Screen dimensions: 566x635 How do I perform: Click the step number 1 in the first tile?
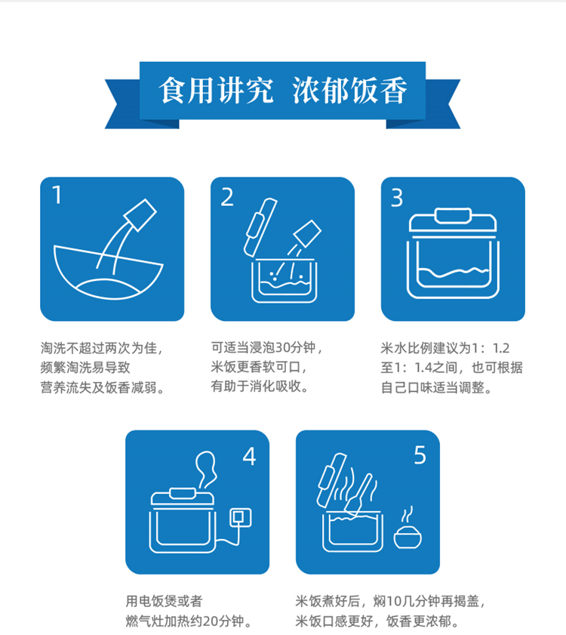pyautogui.click(x=57, y=195)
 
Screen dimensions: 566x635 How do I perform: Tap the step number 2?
pyautogui.click(x=227, y=197)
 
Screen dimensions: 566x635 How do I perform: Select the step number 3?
pyautogui.click(x=397, y=198)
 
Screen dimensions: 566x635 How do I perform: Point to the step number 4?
pyautogui.click(x=249, y=456)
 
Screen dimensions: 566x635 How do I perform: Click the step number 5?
pyautogui.click(x=420, y=455)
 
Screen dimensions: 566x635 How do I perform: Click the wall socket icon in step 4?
pyautogui.click(x=241, y=517)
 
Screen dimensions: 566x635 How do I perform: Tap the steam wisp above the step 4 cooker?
pyautogui.click(x=206, y=470)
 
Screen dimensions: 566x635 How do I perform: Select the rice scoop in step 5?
pyautogui.click(x=359, y=494)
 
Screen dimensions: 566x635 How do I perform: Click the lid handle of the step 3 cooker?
pyautogui.click(x=453, y=215)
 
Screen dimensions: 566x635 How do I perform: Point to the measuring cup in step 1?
pyautogui.click(x=140, y=215)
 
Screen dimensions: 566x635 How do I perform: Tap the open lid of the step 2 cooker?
pyautogui.click(x=260, y=227)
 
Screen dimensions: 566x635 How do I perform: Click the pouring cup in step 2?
pyautogui.click(x=307, y=234)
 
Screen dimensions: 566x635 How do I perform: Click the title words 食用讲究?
pyautogui.click(x=215, y=91)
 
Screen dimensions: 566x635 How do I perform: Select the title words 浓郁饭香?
pyautogui.click(x=350, y=91)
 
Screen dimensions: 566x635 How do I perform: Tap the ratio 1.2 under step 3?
pyautogui.click(x=501, y=348)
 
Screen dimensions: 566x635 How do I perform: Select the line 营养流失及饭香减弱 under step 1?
pyautogui.click(x=98, y=387)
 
